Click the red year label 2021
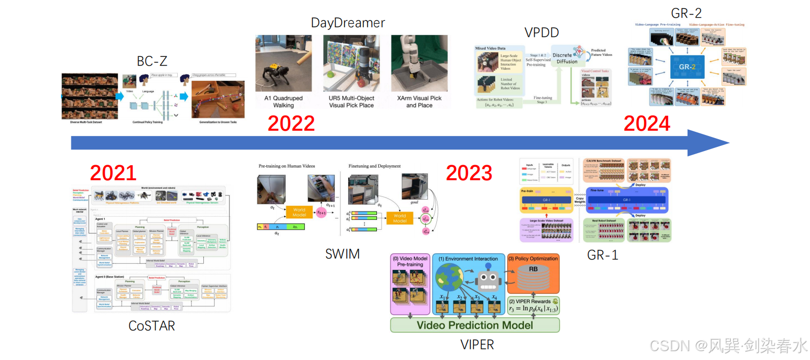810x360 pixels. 113,172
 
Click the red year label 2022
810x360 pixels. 291,123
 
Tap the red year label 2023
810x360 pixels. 469,172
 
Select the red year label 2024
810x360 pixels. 647,123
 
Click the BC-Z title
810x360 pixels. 152,61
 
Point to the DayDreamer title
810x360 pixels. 348,23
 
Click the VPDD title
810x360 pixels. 542,32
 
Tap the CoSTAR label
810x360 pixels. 152,326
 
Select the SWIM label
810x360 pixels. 342,254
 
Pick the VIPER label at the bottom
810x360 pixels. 477,344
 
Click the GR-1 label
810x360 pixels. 603,254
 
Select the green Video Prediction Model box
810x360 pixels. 475,325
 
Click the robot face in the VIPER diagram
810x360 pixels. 488,279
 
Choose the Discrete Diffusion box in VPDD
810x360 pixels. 565,58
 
